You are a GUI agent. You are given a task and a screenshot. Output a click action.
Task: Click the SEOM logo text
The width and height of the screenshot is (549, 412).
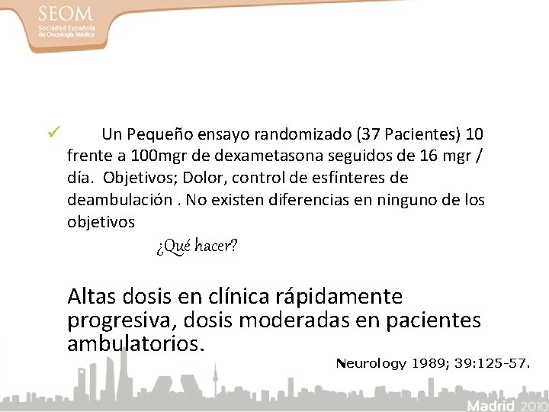pyautogui.click(x=67, y=14)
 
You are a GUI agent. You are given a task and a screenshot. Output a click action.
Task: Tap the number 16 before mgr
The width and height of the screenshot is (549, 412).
pyautogui.click(x=429, y=156)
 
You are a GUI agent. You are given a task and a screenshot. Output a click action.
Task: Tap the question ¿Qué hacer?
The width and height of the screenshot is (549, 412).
pyautogui.click(x=197, y=246)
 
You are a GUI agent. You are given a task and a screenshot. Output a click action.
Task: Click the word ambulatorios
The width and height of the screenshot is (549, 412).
pyautogui.click(x=136, y=343)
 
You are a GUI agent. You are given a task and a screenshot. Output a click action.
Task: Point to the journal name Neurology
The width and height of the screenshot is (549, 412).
pyautogui.click(x=371, y=363)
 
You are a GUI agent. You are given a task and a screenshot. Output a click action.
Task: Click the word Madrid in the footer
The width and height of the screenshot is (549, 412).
pyautogui.click(x=491, y=404)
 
